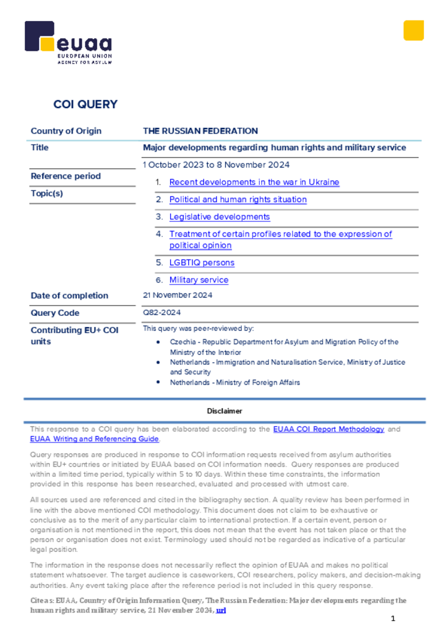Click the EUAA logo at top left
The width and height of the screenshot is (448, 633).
pyautogui.click(x=68, y=42)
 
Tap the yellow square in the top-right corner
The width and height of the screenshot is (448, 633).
pyautogui.click(x=413, y=30)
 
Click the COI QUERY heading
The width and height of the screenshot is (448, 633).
pyautogui.click(x=85, y=104)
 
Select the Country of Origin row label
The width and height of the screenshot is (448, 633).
pyautogui.click(x=66, y=131)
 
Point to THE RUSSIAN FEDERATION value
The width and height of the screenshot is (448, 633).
pyautogui.click(x=200, y=131)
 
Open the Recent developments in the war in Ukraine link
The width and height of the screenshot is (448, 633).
pyautogui.click(x=254, y=182)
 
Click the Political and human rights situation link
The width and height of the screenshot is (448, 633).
pyautogui.click(x=238, y=200)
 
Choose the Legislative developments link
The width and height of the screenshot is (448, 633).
pyautogui.click(x=220, y=217)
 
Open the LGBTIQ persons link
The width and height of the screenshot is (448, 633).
pyautogui.click(x=202, y=263)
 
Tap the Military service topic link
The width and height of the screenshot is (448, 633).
pyautogui.click(x=199, y=280)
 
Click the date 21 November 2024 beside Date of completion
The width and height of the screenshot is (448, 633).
pyautogui.click(x=178, y=295)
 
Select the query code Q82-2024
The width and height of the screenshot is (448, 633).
pyautogui.click(x=162, y=313)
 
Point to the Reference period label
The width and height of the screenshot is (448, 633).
pyautogui.click(x=66, y=176)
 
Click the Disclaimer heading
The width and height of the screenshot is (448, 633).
pyautogui.click(x=225, y=411)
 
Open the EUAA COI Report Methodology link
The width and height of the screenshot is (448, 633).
pyautogui.click(x=329, y=429)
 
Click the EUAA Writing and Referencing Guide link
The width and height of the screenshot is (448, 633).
pyautogui.click(x=95, y=439)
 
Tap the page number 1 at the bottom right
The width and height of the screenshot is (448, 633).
pyautogui.click(x=392, y=619)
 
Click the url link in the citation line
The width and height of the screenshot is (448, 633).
pyautogui.click(x=221, y=610)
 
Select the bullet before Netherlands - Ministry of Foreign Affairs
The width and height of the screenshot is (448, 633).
pyautogui.click(x=158, y=383)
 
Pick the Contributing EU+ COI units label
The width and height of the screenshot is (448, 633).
pyautogui.click(x=74, y=336)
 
